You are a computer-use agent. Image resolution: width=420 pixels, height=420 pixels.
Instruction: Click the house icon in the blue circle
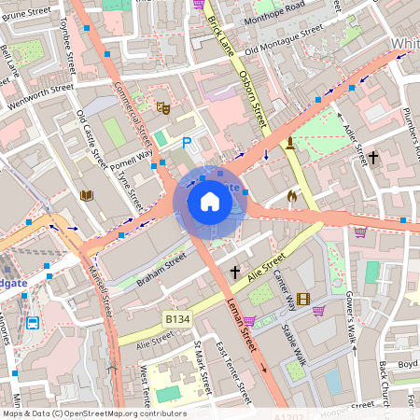click(x=210, y=202)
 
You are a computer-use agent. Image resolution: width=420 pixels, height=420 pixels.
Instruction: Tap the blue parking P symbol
click(x=187, y=143)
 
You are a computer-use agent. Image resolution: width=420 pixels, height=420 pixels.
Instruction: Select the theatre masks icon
click(x=162, y=107)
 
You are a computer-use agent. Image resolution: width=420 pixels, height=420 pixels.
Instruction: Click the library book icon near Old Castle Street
click(x=87, y=195)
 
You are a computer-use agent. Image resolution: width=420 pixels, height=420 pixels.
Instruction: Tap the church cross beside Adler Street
click(x=373, y=158)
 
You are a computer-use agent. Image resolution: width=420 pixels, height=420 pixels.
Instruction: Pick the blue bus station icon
click(x=33, y=324)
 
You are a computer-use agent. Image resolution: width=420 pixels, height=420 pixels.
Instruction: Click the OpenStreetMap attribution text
click(x=93, y=413)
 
